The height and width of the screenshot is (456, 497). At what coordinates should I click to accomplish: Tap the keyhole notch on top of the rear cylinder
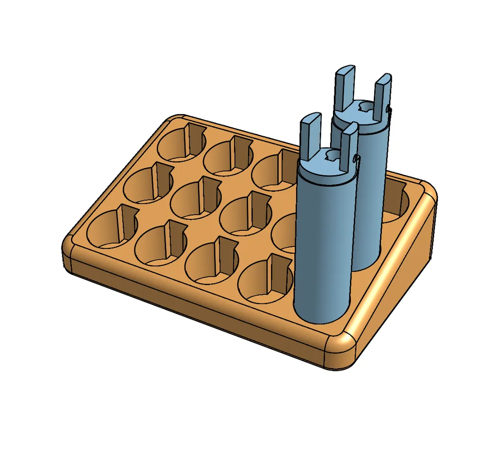point(366,107)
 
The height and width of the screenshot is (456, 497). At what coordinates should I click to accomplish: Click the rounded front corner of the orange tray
point(340,351)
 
